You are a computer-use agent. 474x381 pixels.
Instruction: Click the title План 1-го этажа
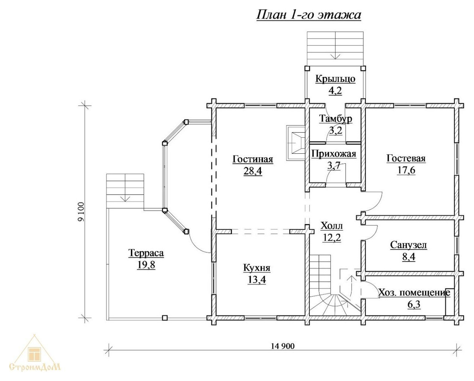click(309, 15)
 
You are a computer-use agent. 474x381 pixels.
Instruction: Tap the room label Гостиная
click(252, 159)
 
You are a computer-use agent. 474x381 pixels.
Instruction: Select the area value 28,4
click(252, 171)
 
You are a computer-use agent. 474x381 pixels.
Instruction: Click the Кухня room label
click(256, 268)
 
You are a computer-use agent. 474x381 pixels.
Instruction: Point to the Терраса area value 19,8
click(146, 265)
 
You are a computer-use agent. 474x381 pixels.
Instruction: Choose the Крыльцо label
click(335, 79)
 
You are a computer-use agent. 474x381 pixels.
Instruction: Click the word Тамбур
click(336, 119)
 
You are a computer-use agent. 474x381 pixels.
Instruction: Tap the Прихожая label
click(334, 154)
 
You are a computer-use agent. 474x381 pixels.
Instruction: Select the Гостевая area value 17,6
click(406, 170)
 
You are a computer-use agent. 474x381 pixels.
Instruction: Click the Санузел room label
click(408, 245)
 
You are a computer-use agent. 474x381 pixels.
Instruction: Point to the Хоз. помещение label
click(414, 293)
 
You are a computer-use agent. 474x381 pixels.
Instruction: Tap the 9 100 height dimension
click(81, 211)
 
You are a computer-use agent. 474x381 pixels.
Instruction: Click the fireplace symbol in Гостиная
click(296, 143)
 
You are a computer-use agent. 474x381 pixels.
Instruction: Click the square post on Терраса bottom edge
click(165, 318)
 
